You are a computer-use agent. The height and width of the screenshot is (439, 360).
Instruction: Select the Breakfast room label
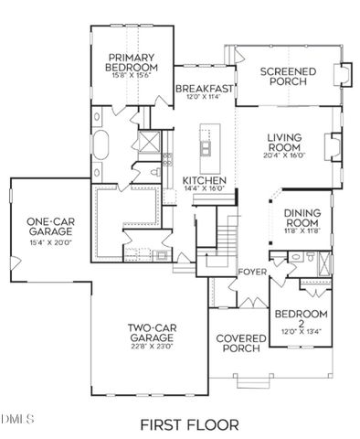pos(206,89)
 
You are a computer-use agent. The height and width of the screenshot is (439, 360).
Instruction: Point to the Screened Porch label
pos(288,77)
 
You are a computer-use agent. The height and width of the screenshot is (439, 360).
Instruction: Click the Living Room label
pos(284,144)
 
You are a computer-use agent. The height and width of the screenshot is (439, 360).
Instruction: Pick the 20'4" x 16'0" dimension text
pos(284,155)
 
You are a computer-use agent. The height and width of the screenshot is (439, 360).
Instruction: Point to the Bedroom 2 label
pos(295,319)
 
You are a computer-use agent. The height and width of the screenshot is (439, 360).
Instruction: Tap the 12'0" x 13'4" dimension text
pos(295,331)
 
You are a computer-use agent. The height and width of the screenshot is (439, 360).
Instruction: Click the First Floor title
pos(189,423)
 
